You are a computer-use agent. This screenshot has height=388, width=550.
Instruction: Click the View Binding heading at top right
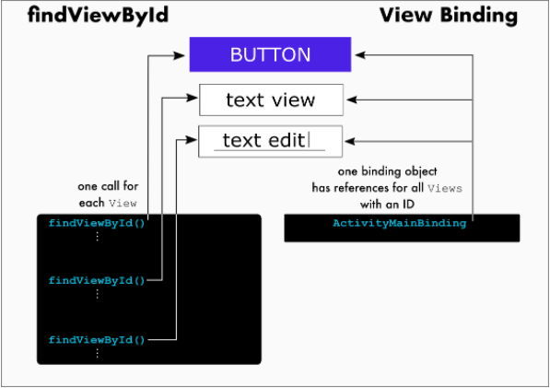pos(448,17)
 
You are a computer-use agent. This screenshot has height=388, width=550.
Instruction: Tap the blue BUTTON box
pos(270,54)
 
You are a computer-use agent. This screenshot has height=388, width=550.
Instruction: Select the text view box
pos(271,100)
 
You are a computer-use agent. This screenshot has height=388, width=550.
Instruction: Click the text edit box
pos(271,141)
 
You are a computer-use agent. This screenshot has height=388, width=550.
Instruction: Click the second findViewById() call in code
pos(97,279)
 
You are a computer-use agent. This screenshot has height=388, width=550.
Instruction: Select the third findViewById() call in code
pos(97,339)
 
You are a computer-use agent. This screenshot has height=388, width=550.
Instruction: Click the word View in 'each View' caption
pos(123,202)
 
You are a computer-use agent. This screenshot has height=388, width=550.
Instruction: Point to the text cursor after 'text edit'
pos(310,140)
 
